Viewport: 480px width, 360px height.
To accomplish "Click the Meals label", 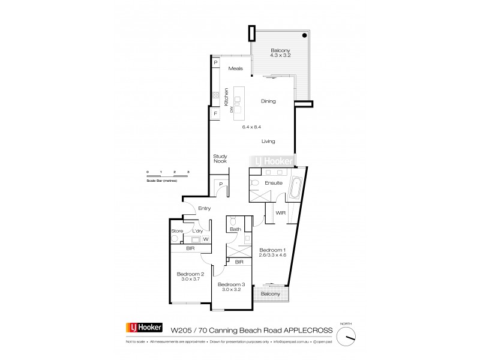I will pyautogui.click(x=235, y=69).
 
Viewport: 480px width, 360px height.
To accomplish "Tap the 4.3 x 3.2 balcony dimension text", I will pyautogui.click(x=280, y=55).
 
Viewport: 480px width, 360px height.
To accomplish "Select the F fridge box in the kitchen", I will pyautogui.click(x=215, y=113).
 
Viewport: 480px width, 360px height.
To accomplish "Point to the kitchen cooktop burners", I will pyautogui.click(x=214, y=95).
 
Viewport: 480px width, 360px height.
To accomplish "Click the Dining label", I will pyautogui.click(x=268, y=101).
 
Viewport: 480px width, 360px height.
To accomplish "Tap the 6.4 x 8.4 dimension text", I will pyautogui.click(x=251, y=127).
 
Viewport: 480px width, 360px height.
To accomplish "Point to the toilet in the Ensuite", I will pyautogui.click(x=254, y=183).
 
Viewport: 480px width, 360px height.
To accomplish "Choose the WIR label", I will pyautogui.click(x=280, y=212).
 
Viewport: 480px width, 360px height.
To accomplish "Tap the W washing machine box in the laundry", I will pyautogui.click(x=205, y=239).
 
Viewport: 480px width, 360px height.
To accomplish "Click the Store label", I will pyautogui.click(x=176, y=230).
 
